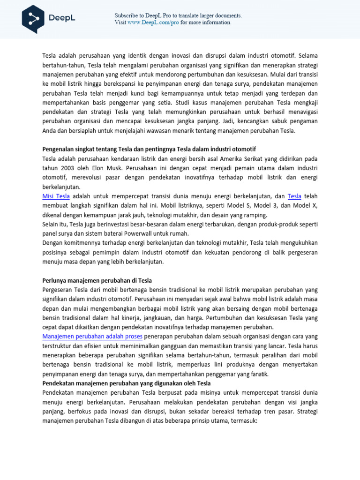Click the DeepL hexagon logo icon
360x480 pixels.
pos(33,19)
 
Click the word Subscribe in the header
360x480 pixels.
pos(127,15)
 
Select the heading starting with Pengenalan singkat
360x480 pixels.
pos(149,149)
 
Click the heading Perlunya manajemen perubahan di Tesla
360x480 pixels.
pos(97,280)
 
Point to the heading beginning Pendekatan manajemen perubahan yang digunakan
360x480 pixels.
pos(127,383)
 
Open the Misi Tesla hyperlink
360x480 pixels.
pos(56,196)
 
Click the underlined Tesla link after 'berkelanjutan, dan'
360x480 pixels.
pos(294,196)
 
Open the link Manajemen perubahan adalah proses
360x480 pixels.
pos(93,337)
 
